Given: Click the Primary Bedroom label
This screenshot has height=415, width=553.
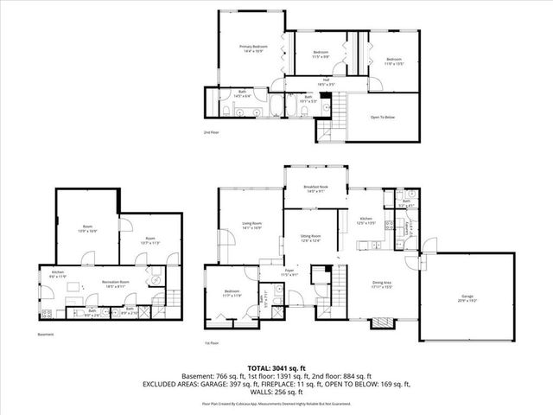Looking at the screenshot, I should pos(253,48).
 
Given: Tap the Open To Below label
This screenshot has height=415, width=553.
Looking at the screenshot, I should pos(382,117).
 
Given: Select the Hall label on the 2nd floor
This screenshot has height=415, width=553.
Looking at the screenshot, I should pos(327,82).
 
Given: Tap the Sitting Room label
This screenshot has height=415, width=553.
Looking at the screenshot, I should pos(310,238).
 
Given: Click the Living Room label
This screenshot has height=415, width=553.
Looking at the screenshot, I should pos(251,226).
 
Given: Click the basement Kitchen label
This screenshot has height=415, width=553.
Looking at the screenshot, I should pos(57,273).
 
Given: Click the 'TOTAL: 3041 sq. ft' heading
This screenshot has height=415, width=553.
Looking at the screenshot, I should pos(276,367).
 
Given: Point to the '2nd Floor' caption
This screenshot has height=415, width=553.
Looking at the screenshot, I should pos(211,132).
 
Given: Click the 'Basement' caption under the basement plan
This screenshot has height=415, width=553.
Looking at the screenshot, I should pos(45,334).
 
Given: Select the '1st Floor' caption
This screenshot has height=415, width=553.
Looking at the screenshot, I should pos(212,343).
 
